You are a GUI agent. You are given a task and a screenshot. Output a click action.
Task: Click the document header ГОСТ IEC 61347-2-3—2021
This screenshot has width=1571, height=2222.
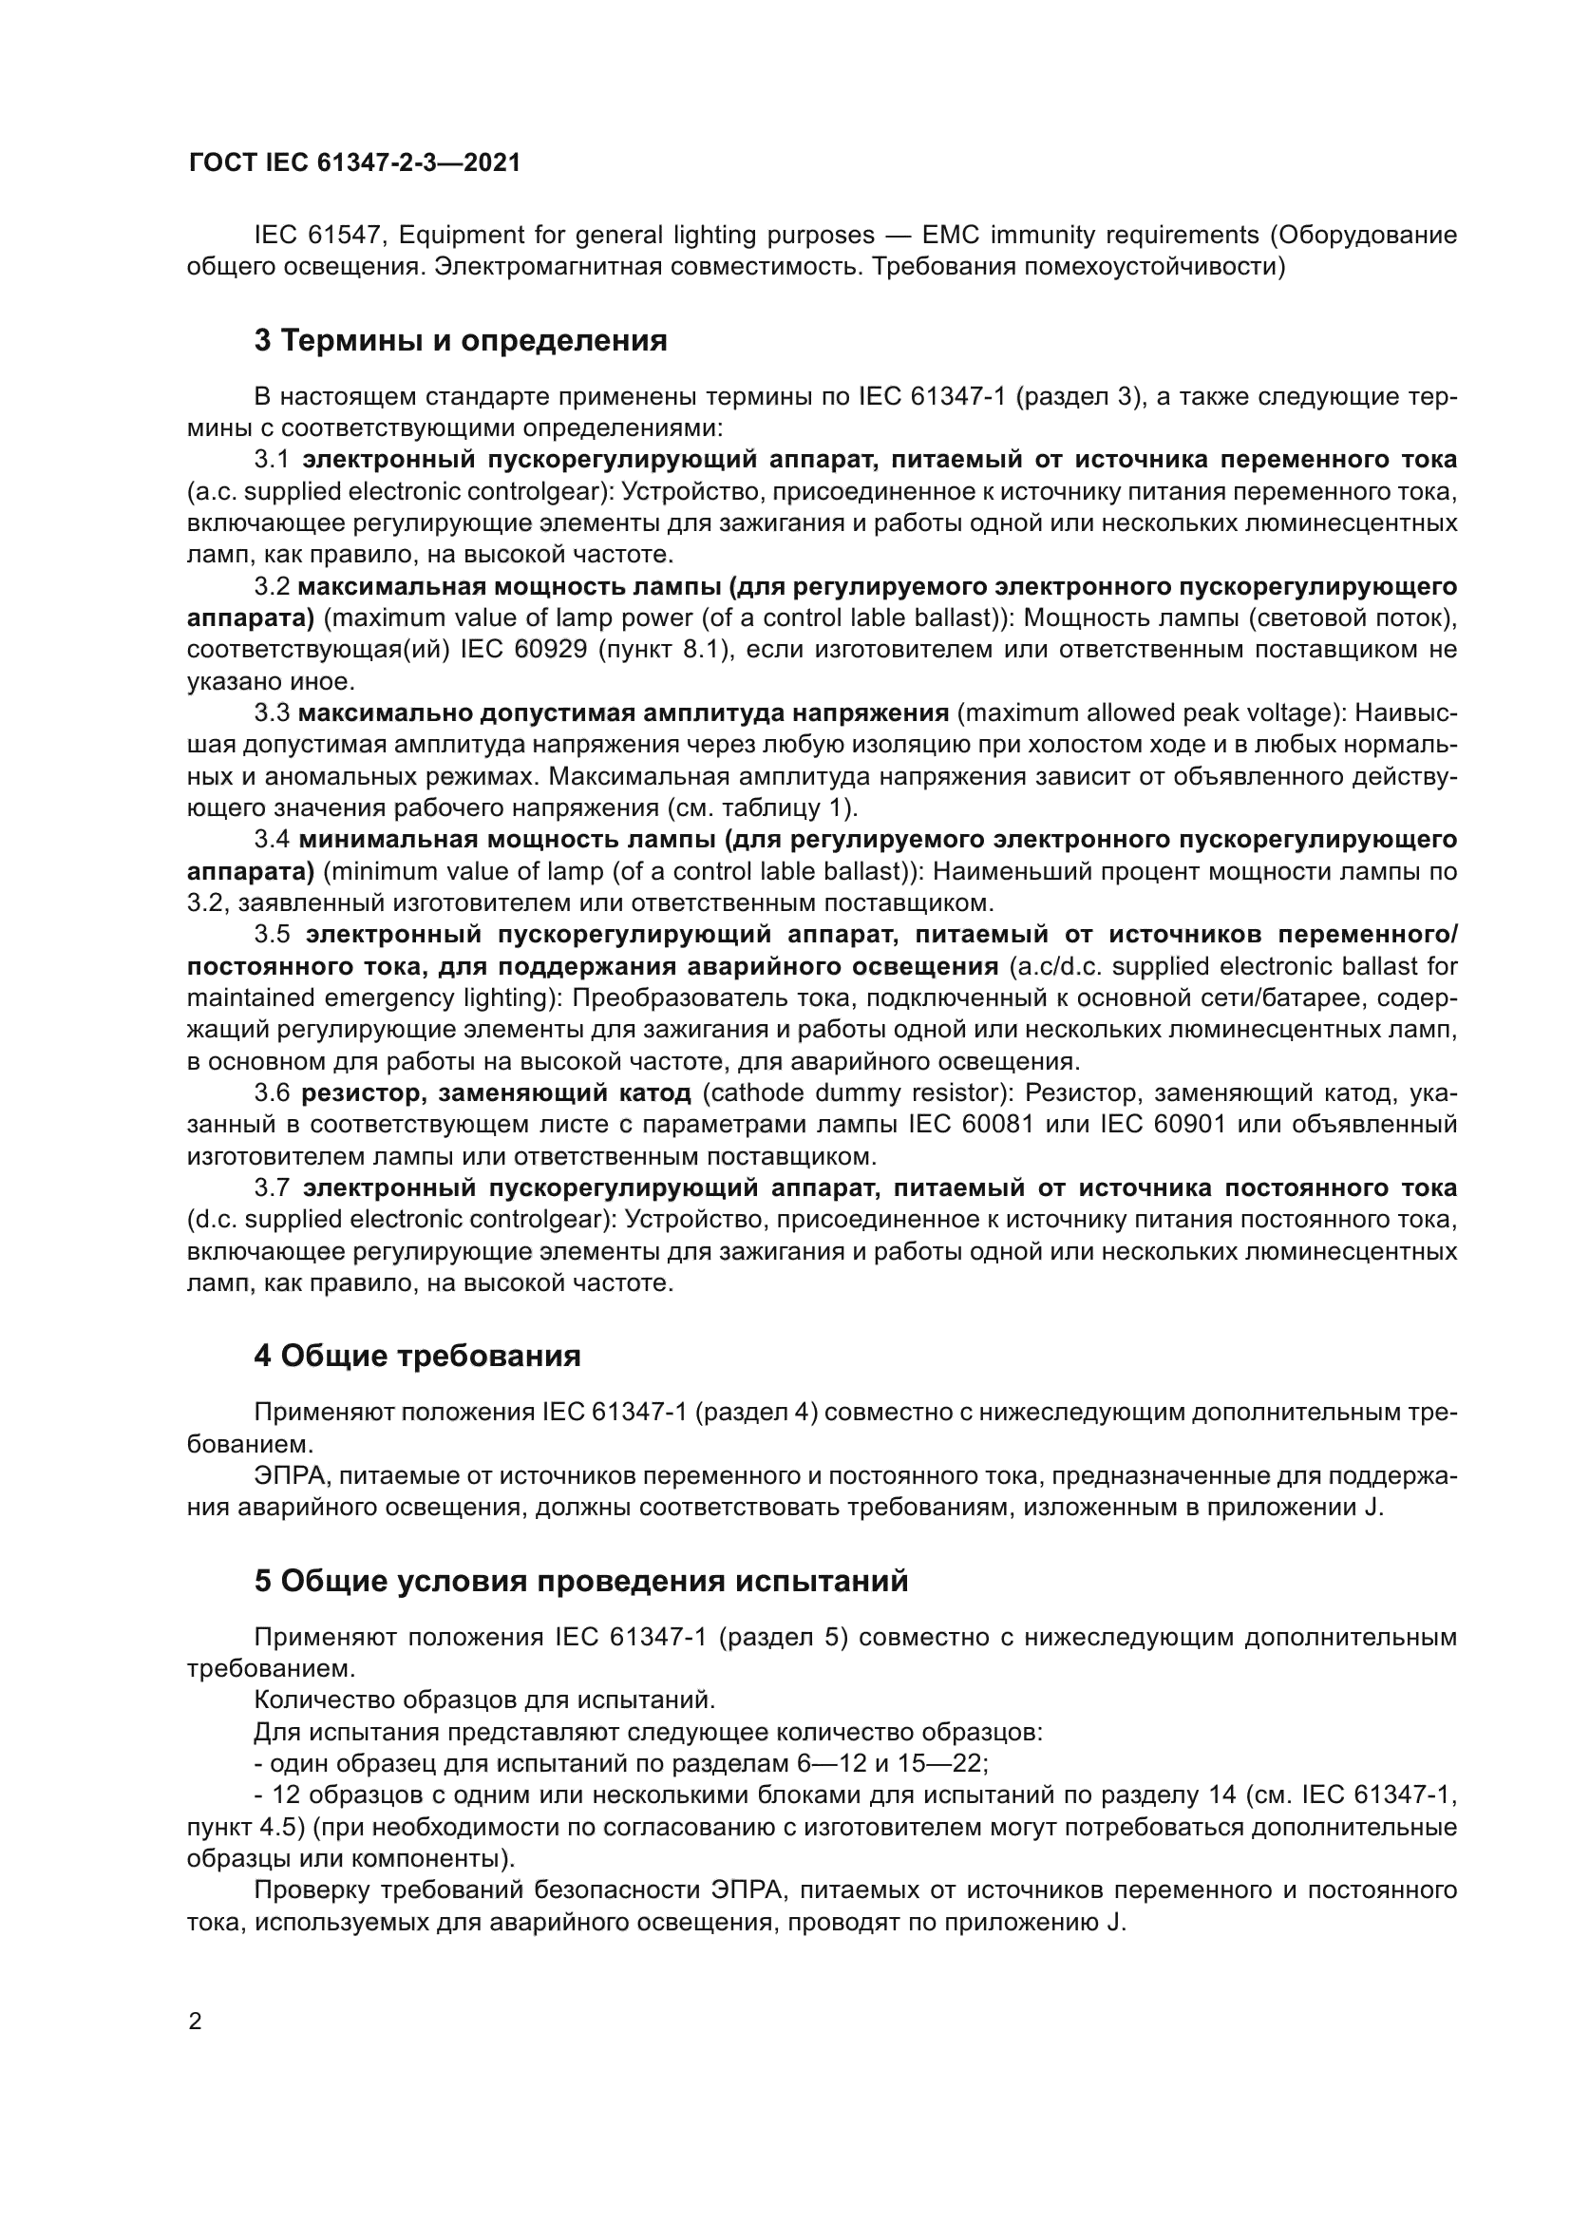point(353,162)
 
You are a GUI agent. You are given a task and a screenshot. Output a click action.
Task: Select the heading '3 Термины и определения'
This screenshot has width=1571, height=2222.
point(461,341)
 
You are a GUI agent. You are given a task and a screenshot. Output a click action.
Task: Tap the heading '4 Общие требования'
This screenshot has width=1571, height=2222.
point(417,1356)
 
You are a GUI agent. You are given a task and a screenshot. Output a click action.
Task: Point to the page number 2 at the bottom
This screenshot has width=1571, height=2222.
point(196,2022)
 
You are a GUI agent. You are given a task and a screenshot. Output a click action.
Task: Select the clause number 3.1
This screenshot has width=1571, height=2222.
point(272,460)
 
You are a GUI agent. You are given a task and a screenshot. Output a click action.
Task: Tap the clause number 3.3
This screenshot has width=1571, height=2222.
point(272,713)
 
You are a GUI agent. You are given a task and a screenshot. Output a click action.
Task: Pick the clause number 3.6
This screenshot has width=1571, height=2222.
point(272,1093)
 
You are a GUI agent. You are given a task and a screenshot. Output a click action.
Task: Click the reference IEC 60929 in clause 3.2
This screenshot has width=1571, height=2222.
point(523,650)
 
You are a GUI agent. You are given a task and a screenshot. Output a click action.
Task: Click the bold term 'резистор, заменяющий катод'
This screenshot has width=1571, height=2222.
point(496,1093)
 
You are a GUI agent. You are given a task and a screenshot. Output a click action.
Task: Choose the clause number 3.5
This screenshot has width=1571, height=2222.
point(272,935)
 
